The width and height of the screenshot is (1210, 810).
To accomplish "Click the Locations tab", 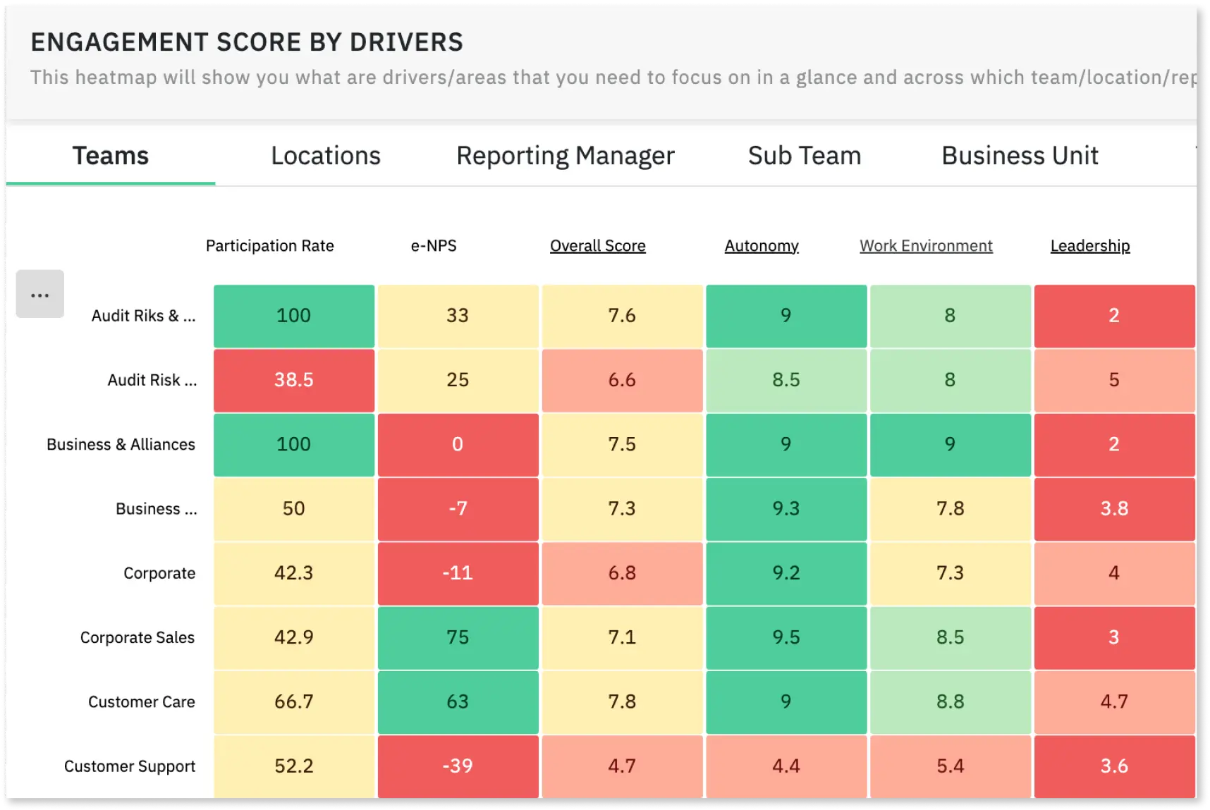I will click(x=325, y=156).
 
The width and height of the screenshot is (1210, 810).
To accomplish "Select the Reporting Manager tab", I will click(x=565, y=156).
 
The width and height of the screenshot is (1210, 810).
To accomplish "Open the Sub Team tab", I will click(x=804, y=156).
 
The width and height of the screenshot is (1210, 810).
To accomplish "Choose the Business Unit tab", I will click(x=1020, y=156).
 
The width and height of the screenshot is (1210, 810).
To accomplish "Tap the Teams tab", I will click(x=111, y=156).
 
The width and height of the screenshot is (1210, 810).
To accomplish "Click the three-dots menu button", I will click(x=40, y=294).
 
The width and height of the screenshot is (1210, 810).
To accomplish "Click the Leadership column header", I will click(x=1089, y=246).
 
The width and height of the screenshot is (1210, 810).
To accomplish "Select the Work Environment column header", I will click(x=925, y=246).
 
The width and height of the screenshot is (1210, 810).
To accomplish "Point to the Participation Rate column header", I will click(x=269, y=246).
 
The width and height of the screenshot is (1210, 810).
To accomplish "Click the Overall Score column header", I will click(x=597, y=246).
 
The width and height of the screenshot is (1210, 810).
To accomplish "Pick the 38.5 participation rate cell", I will click(x=293, y=380).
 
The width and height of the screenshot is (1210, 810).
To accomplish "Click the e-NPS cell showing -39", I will click(x=458, y=766).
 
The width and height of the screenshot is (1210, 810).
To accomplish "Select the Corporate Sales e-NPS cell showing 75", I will click(x=458, y=637).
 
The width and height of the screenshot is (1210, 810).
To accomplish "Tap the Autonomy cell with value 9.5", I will click(x=786, y=637).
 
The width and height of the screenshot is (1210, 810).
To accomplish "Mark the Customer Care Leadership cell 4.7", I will click(x=1113, y=701).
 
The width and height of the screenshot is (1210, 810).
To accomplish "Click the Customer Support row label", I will click(x=130, y=766).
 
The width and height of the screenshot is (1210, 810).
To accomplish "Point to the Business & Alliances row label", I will click(x=121, y=445).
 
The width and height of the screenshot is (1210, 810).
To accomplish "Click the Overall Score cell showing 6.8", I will click(x=622, y=573).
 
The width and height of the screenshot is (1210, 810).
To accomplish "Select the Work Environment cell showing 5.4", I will click(x=950, y=766).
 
